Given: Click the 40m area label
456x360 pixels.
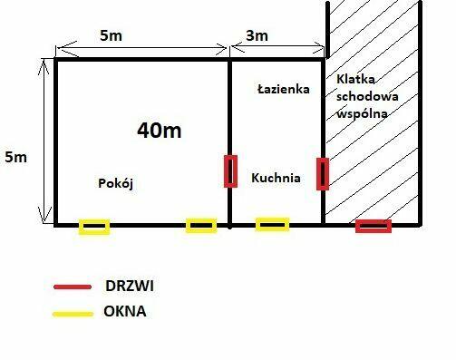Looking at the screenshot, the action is tap(159, 131).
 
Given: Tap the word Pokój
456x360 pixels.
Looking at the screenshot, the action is tap(115, 183).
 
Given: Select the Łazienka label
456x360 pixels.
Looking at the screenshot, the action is tap(283, 90).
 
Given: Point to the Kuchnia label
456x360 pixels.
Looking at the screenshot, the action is tap(277, 179).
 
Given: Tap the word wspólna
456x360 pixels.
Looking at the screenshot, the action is tap(361, 113).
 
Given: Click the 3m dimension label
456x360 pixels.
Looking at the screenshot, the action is tap(257, 36).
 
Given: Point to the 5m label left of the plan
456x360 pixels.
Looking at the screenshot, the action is tap(15, 157).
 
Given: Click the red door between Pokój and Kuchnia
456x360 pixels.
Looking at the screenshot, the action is tap(230, 170).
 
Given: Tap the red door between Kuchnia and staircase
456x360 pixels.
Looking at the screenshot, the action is tap(322, 173).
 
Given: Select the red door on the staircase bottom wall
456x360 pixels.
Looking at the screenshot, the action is tap(373, 225).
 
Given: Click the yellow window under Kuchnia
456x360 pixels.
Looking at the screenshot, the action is tap(272, 223).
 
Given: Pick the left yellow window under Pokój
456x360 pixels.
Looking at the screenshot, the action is tap(93, 226).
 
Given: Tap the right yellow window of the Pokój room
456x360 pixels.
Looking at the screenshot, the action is tap(201, 225).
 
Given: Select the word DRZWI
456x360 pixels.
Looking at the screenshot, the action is tap(130, 287).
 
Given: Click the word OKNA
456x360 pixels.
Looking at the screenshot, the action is tap(126, 313).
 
